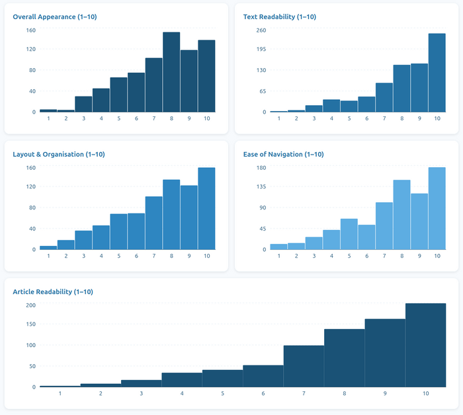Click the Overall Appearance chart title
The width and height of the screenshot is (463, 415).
55,17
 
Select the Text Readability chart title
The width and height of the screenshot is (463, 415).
279,17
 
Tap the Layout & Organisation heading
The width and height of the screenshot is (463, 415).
59,154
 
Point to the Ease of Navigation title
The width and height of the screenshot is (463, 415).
283,154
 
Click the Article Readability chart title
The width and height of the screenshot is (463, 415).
53,291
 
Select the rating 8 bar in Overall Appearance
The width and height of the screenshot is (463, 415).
171,72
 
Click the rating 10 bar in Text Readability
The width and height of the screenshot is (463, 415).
437,73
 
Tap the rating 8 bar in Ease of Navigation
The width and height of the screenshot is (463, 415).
402,215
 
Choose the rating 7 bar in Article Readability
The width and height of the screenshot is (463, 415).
304,366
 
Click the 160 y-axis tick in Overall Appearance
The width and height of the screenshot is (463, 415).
31,30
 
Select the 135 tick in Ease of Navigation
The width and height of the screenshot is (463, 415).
261,186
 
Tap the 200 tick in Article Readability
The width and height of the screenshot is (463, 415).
30,305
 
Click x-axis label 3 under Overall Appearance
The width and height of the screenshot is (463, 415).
83,118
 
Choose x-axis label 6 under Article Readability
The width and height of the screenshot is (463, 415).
263,393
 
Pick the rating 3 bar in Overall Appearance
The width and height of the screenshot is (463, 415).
83,104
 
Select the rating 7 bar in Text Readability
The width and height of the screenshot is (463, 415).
384,97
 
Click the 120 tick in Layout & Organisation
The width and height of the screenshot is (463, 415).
31,187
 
